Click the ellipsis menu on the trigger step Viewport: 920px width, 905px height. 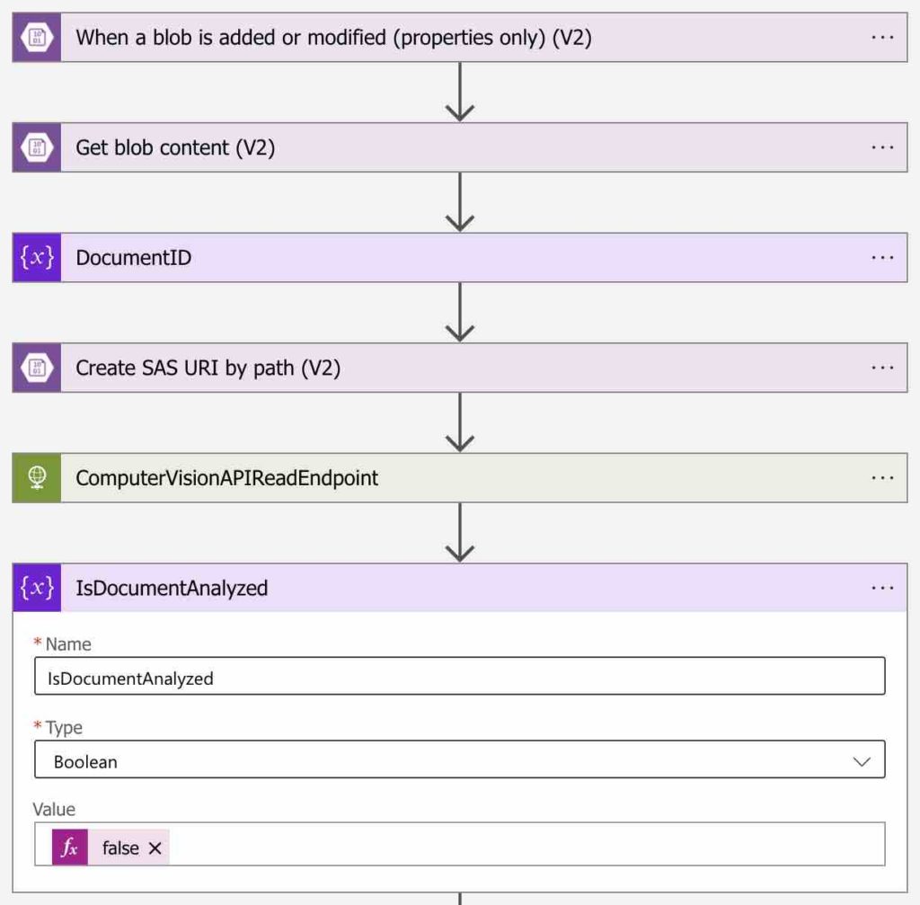[x=882, y=37]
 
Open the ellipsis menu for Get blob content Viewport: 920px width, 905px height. [x=882, y=147]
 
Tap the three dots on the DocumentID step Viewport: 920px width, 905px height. [x=882, y=258]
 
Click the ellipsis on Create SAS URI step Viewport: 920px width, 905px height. [x=882, y=368]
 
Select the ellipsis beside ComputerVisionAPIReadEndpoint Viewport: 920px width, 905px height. [x=882, y=478]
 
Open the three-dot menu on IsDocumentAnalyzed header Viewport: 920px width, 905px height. [x=882, y=588]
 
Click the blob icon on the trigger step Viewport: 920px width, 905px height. [x=37, y=37]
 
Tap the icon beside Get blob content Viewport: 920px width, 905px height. [x=37, y=147]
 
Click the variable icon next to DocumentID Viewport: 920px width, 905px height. [x=37, y=258]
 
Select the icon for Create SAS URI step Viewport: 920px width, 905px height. [x=37, y=368]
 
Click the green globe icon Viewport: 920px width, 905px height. [x=37, y=478]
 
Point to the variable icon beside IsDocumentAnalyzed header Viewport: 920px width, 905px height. [x=37, y=588]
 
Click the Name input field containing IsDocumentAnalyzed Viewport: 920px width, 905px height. [x=459, y=678]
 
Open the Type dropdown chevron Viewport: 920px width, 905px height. [x=862, y=761]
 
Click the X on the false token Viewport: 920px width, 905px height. [x=155, y=847]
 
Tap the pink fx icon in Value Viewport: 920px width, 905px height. [x=70, y=847]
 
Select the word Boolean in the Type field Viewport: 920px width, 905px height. [x=85, y=761]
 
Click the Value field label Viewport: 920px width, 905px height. [x=54, y=809]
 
